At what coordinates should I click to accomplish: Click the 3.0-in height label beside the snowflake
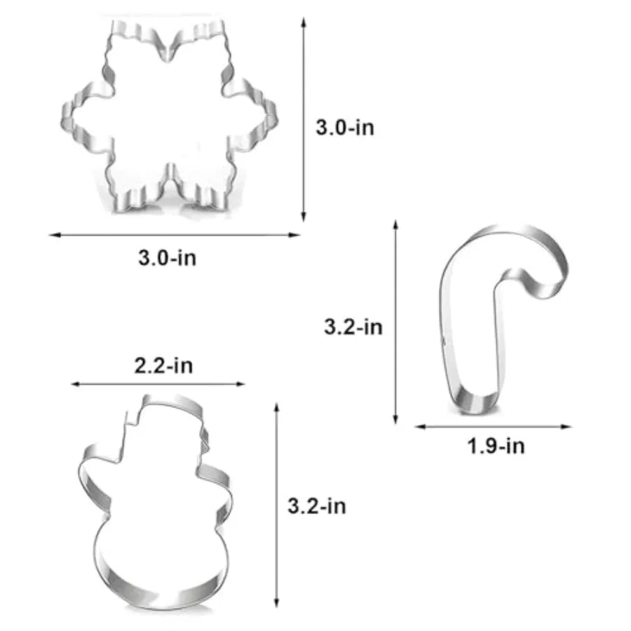[x=345, y=128]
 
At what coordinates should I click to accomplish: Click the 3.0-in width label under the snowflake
[x=168, y=257]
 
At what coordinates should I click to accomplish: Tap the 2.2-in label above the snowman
[x=163, y=365]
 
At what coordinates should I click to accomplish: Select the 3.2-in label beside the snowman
[x=317, y=506]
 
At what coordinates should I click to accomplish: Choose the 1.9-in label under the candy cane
[x=496, y=446]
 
